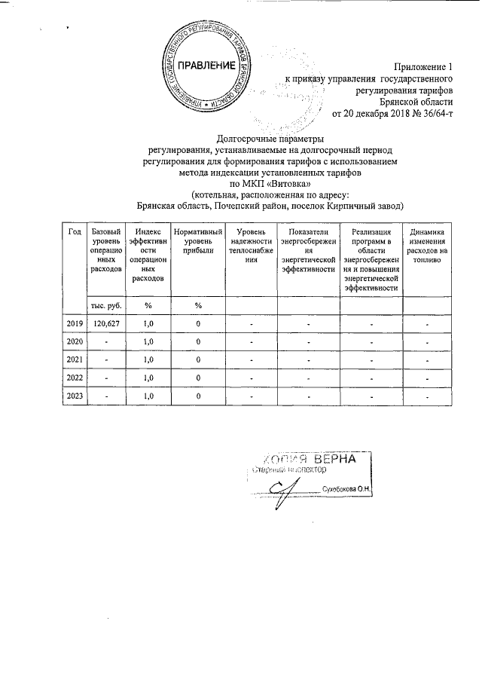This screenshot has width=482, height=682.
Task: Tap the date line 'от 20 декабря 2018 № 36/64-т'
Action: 392,114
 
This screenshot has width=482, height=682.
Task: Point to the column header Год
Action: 75,231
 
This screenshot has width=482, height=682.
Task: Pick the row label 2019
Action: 75,324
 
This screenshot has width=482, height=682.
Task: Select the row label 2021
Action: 75,359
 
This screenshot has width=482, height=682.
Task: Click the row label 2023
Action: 75,395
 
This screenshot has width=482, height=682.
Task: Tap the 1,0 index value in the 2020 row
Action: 148,341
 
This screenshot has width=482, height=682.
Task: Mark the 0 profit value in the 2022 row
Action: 198,377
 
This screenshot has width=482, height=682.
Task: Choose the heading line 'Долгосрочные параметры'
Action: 270,138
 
